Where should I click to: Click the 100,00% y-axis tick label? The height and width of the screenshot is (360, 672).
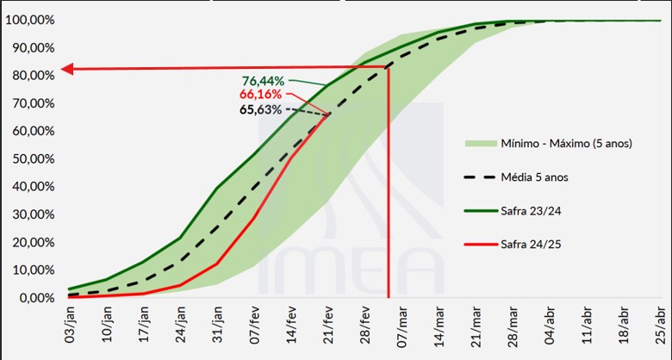(30, 21)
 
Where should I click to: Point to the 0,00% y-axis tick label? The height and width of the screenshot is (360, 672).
(35, 298)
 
